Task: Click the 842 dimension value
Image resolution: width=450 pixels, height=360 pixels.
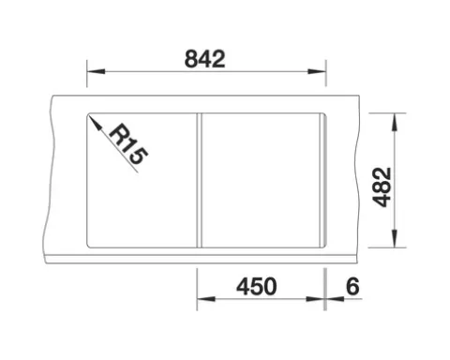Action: click(x=205, y=59)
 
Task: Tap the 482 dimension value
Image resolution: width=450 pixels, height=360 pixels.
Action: click(x=383, y=187)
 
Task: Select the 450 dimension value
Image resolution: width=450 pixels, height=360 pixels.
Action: click(x=257, y=287)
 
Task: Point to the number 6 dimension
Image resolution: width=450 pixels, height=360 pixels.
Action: click(x=352, y=286)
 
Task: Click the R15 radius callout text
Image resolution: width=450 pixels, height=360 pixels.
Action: click(x=128, y=143)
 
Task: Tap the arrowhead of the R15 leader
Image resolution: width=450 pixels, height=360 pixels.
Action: click(x=95, y=123)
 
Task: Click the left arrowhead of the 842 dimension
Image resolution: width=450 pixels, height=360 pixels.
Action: click(x=96, y=71)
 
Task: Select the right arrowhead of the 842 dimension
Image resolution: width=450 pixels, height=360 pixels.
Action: click(x=317, y=71)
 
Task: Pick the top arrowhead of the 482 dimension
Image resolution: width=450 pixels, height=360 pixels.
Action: click(x=395, y=122)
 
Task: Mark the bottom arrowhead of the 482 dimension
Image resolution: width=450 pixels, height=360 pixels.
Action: click(x=395, y=238)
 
